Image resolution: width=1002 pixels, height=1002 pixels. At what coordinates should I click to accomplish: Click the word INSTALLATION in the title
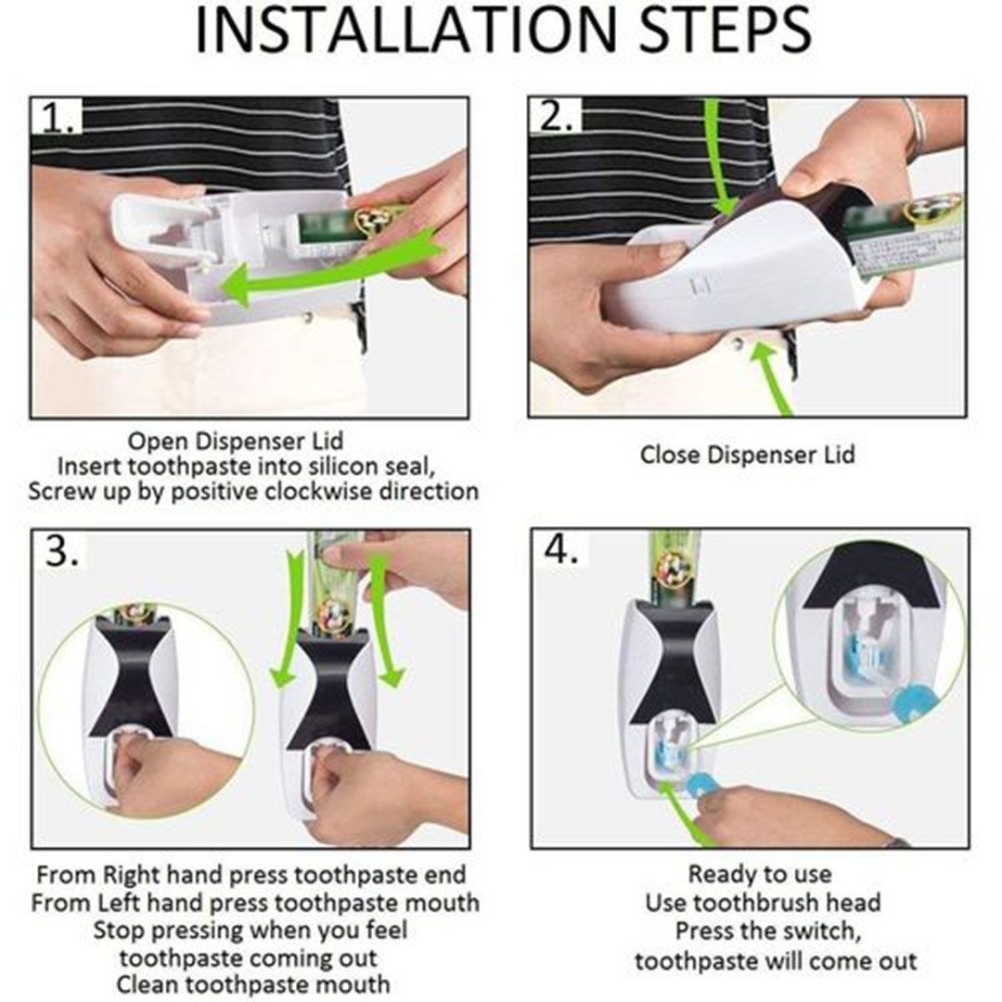click(410, 30)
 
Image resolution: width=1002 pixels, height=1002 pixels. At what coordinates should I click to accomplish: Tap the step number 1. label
click(59, 118)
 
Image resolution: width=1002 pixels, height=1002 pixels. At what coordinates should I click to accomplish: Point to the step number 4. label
click(561, 549)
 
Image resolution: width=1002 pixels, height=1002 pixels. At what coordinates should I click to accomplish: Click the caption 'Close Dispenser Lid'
click(747, 455)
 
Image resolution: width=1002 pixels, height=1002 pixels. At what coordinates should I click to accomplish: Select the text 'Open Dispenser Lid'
click(235, 441)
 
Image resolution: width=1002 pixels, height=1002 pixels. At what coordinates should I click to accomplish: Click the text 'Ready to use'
click(760, 874)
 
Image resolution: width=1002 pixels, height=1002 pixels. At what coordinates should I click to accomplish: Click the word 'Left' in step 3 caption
click(120, 903)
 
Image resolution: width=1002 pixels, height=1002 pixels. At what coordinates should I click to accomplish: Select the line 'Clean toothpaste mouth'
click(253, 984)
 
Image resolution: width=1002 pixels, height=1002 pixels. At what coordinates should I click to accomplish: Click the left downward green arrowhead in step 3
click(282, 676)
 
